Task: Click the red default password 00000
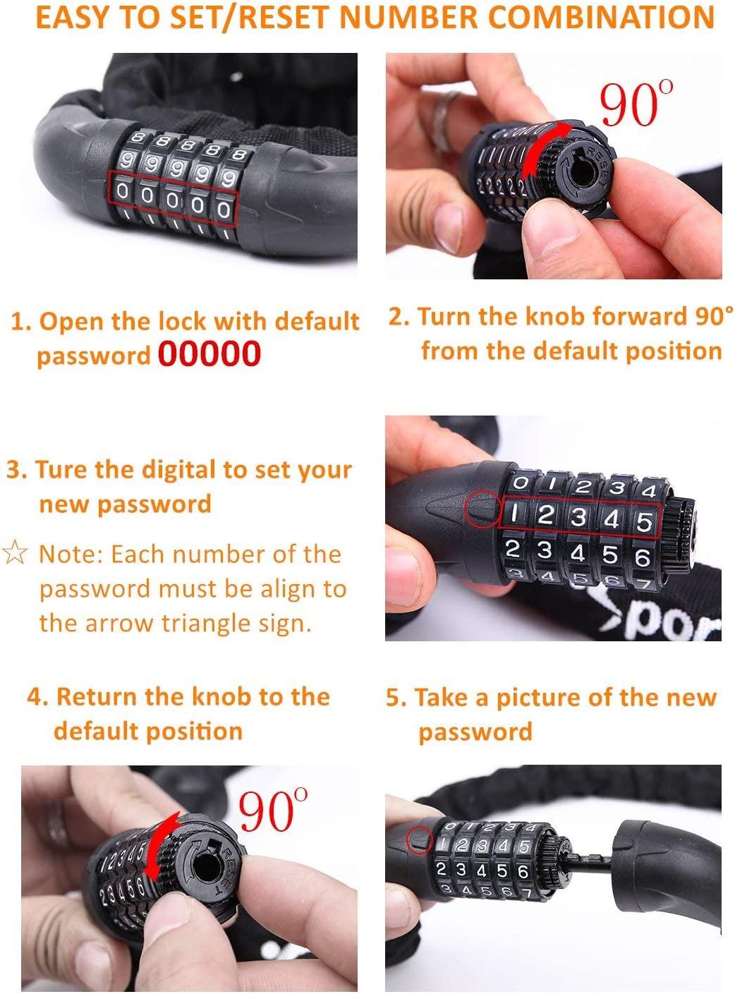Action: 209,354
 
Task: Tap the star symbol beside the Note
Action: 15,552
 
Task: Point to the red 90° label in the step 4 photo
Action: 273,811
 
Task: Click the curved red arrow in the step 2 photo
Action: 545,148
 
